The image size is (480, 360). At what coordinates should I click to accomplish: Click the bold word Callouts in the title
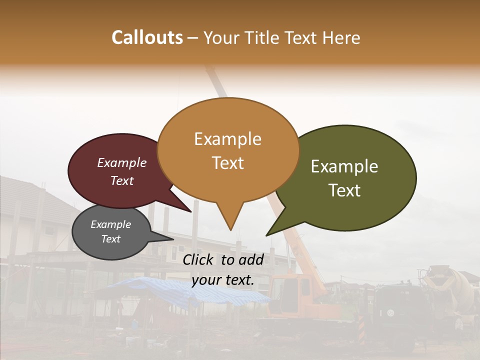(147, 37)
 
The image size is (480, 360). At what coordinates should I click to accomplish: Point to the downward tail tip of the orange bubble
(230, 230)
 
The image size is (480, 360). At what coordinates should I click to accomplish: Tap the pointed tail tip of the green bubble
(266, 235)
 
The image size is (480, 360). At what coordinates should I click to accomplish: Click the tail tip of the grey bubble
(173, 239)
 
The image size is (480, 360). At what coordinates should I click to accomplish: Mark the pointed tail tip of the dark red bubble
(191, 212)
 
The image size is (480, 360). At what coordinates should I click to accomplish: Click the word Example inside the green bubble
(344, 166)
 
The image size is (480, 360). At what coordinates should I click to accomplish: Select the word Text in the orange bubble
(228, 163)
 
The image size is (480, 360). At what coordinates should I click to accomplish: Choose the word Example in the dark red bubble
(122, 162)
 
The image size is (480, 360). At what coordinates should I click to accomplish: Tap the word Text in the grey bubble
(111, 239)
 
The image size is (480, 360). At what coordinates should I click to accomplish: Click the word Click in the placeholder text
(199, 259)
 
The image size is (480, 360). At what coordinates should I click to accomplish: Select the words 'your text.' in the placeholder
(223, 280)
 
